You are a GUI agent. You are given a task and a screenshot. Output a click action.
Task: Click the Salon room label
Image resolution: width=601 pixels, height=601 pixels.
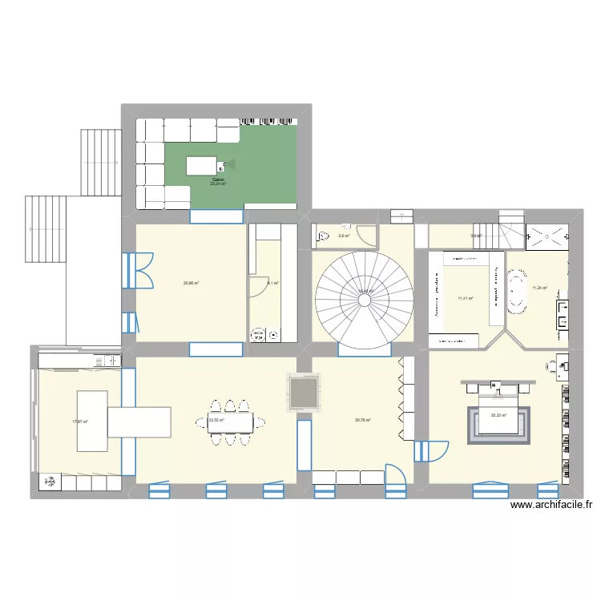tap(218, 179)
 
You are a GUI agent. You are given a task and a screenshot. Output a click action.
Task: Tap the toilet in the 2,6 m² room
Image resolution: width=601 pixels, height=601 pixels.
tap(323, 236)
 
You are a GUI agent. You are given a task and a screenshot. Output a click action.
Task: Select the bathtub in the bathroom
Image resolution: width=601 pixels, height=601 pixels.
tap(518, 293)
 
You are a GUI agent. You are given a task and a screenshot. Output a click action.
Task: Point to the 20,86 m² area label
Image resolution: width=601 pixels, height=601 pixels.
tap(191, 282)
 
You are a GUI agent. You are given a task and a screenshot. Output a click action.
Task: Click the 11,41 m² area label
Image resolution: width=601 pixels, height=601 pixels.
tap(465, 298)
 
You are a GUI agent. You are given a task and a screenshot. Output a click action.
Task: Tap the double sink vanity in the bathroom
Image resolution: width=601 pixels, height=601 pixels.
tap(565, 315)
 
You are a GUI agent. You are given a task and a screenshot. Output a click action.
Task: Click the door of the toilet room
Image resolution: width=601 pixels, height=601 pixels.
tap(366, 236)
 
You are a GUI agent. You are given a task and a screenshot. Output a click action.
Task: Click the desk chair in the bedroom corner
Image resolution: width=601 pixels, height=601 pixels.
tap(554, 366)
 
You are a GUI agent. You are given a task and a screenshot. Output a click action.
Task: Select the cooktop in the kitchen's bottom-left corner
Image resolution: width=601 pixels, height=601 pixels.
tap(50, 482)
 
